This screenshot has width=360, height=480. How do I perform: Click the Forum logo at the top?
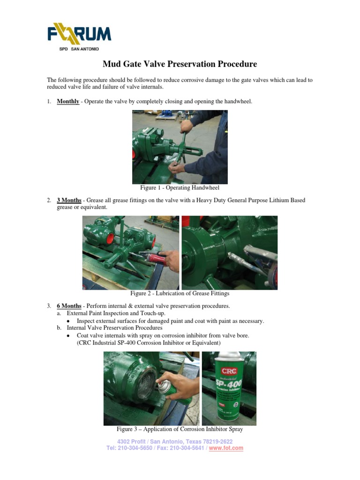pyautogui.click(x=79, y=34)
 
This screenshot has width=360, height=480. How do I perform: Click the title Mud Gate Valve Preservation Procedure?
pyautogui.click(x=180, y=64)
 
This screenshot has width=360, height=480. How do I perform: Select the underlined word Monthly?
pyautogui.click(x=68, y=101)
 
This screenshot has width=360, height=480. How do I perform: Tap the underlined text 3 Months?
pyautogui.click(x=69, y=200)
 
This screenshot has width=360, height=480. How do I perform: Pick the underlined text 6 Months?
pyautogui.click(x=69, y=306)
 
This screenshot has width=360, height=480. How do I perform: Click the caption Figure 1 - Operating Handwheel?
pyautogui.click(x=180, y=187)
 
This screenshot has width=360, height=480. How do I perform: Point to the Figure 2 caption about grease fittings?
pyautogui.click(x=180, y=293)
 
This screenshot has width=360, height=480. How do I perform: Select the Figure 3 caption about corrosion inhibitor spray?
pyautogui.click(x=180, y=429)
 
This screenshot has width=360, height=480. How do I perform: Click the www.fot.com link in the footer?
pyautogui.click(x=226, y=448)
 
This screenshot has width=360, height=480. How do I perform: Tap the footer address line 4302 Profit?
pyautogui.click(x=174, y=442)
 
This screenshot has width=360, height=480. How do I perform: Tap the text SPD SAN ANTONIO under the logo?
pyautogui.click(x=79, y=48)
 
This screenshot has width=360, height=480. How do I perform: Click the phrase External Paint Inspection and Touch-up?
pyautogui.click(x=116, y=313)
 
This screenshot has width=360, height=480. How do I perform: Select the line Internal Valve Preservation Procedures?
pyautogui.click(x=114, y=328)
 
